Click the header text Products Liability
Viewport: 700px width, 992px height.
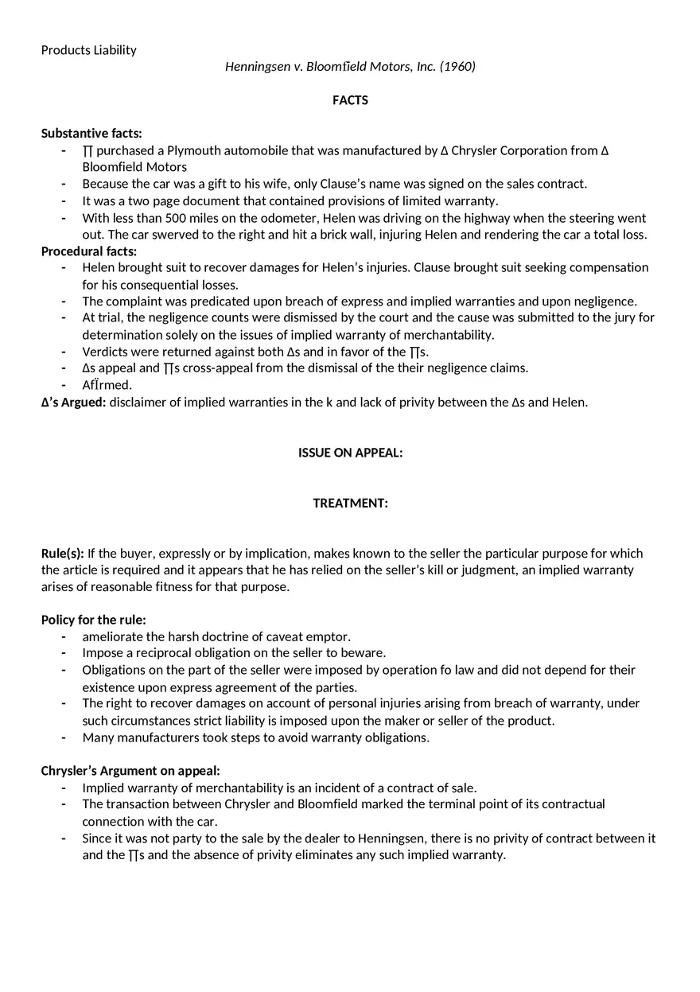coord(88,50)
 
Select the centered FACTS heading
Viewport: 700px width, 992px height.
coord(350,100)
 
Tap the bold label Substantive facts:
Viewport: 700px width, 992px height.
coord(91,134)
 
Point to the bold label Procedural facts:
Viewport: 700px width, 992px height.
coord(89,251)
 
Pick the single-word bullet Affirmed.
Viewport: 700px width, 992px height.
coord(107,385)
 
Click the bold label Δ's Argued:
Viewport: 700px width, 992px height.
coord(73,403)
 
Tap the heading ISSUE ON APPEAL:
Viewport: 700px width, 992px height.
coord(350,453)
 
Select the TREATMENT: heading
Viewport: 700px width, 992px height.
coord(350,503)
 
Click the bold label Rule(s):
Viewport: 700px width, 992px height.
coord(63,554)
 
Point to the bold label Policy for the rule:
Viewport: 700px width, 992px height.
coord(94,620)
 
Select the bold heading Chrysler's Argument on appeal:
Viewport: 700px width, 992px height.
coord(130,771)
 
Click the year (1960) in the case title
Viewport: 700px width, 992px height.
coord(457,67)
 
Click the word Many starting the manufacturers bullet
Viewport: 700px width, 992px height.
coord(96,737)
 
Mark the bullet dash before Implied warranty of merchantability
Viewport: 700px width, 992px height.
coord(64,788)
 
